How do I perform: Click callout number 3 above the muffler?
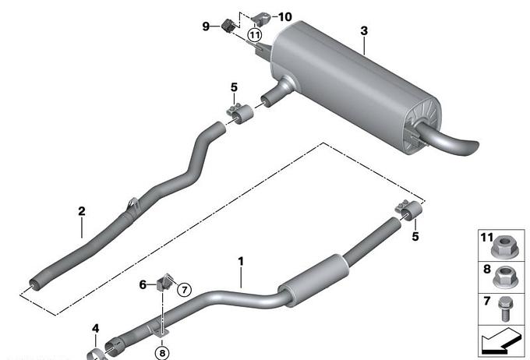(364, 30)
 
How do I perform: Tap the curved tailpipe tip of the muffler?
(450, 139)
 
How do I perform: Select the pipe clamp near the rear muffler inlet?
(240, 114)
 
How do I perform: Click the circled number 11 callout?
(255, 35)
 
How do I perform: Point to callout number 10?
(284, 16)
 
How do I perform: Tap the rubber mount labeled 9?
(228, 26)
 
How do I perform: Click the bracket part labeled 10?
(262, 19)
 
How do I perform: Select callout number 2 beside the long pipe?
(82, 211)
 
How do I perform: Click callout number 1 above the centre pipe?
(241, 261)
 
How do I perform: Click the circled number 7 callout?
(185, 290)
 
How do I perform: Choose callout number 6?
(143, 284)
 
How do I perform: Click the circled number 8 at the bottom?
(162, 353)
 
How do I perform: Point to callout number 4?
(96, 328)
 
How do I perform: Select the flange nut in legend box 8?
(506, 277)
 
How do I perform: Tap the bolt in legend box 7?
(505, 309)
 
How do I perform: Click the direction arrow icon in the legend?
(501, 342)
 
